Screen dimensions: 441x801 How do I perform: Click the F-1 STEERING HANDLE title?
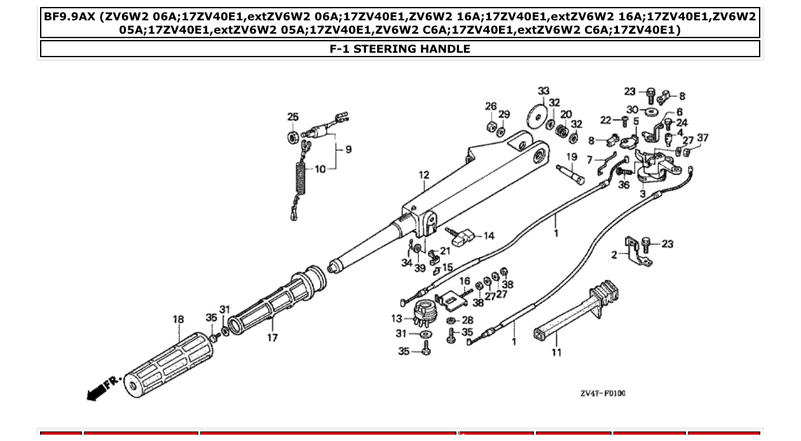(400, 49)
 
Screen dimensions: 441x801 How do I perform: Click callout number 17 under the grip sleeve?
(272, 337)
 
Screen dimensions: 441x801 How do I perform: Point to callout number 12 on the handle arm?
(424, 175)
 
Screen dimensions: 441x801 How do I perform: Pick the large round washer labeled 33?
(538, 116)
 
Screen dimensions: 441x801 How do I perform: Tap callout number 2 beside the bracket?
(614, 255)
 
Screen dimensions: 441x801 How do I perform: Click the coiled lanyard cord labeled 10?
(298, 184)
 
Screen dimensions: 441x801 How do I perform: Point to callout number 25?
(292, 117)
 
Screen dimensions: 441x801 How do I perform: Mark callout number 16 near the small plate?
(465, 281)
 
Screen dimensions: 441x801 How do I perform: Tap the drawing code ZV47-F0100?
(602, 393)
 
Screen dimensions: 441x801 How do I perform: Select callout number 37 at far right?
(702, 138)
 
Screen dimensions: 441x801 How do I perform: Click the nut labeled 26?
(491, 123)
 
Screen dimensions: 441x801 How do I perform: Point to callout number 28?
(467, 320)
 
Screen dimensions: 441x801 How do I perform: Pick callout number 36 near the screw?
(624, 185)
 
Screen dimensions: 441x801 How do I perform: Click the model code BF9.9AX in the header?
(69, 17)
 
